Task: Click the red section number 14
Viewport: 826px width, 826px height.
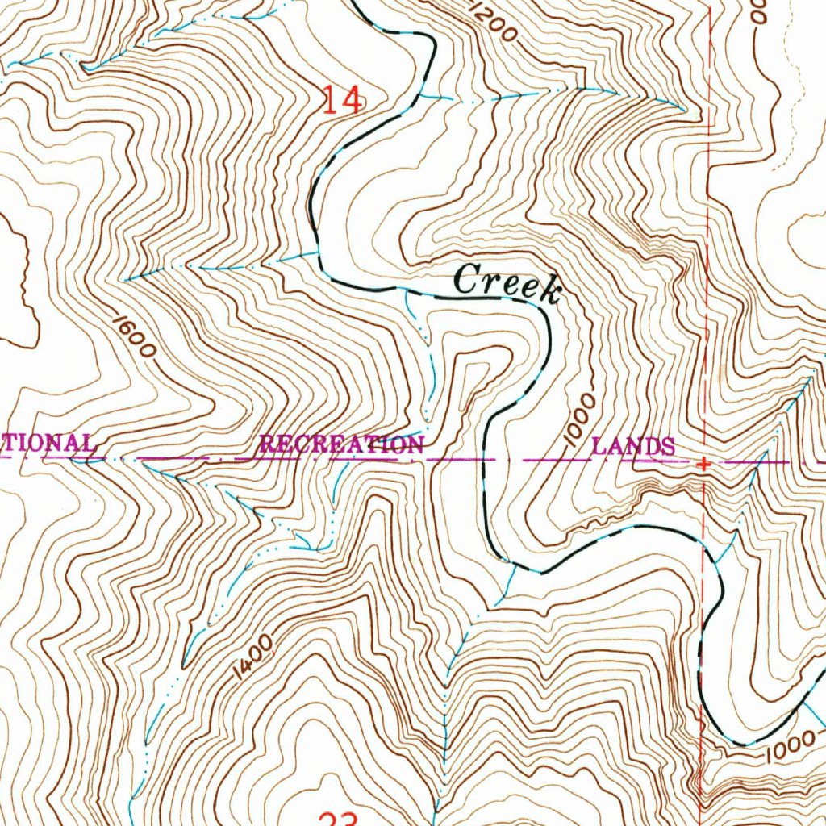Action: (x=343, y=100)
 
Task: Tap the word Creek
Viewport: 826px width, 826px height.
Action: (x=507, y=283)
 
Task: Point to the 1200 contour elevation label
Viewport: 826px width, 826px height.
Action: (x=490, y=23)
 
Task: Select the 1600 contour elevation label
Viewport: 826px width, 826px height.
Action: (x=134, y=337)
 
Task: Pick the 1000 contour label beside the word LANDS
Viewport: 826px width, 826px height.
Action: (x=579, y=420)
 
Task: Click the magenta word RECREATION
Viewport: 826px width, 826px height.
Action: (x=341, y=444)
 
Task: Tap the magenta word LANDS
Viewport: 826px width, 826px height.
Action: (x=634, y=445)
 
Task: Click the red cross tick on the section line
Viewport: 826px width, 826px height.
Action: (x=705, y=465)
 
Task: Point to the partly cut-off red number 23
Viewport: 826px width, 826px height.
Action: (x=338, y=819)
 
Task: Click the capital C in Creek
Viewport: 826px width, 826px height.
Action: (x=467, y=280)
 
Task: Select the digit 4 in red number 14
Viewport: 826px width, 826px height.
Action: (x=352, y=100)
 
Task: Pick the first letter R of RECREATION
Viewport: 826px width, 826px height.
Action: (x=267, y=444)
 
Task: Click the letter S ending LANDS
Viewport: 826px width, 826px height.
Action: (x=669, y=446)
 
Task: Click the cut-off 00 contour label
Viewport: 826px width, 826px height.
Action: (x=758, y=11)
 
